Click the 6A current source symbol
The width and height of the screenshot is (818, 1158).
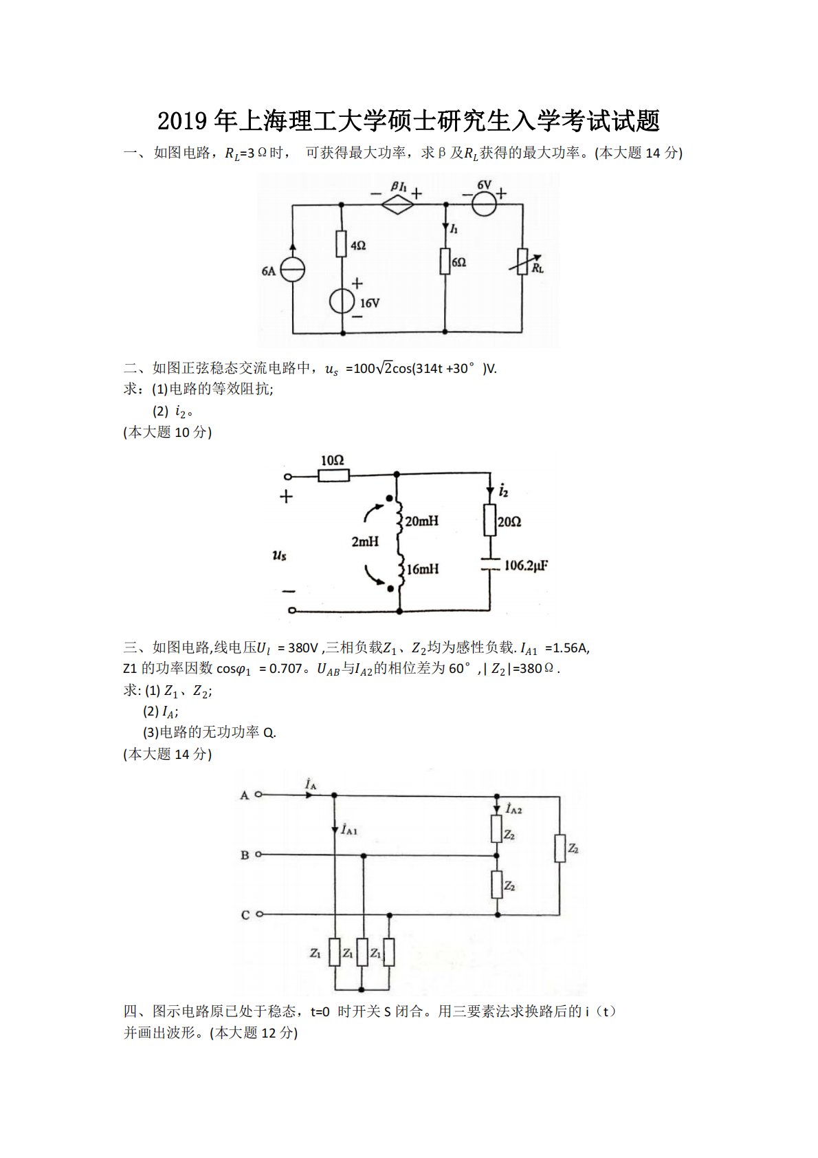(293, 270)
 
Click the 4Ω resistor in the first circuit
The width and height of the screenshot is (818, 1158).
(342, 244)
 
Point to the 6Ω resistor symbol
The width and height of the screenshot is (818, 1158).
(445, 262)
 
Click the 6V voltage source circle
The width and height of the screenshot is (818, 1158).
(484, 204)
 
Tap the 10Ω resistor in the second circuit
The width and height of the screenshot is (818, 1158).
(334, 475)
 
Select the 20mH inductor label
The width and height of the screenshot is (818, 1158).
(421, 521)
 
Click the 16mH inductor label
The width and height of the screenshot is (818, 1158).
(422, 569)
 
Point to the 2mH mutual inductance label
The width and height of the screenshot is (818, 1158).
(365, 542)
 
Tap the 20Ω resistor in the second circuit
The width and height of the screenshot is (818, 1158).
(490, 520)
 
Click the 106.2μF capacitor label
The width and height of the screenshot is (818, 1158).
(526, 566)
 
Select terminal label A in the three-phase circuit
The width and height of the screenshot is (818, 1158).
(244, 795)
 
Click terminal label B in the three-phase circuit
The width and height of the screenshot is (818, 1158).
(244, 855)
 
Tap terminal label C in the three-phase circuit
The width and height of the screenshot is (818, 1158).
(245, 915)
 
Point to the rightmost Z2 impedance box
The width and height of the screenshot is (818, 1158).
(560, 848)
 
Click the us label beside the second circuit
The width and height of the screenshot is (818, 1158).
(279, 554)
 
